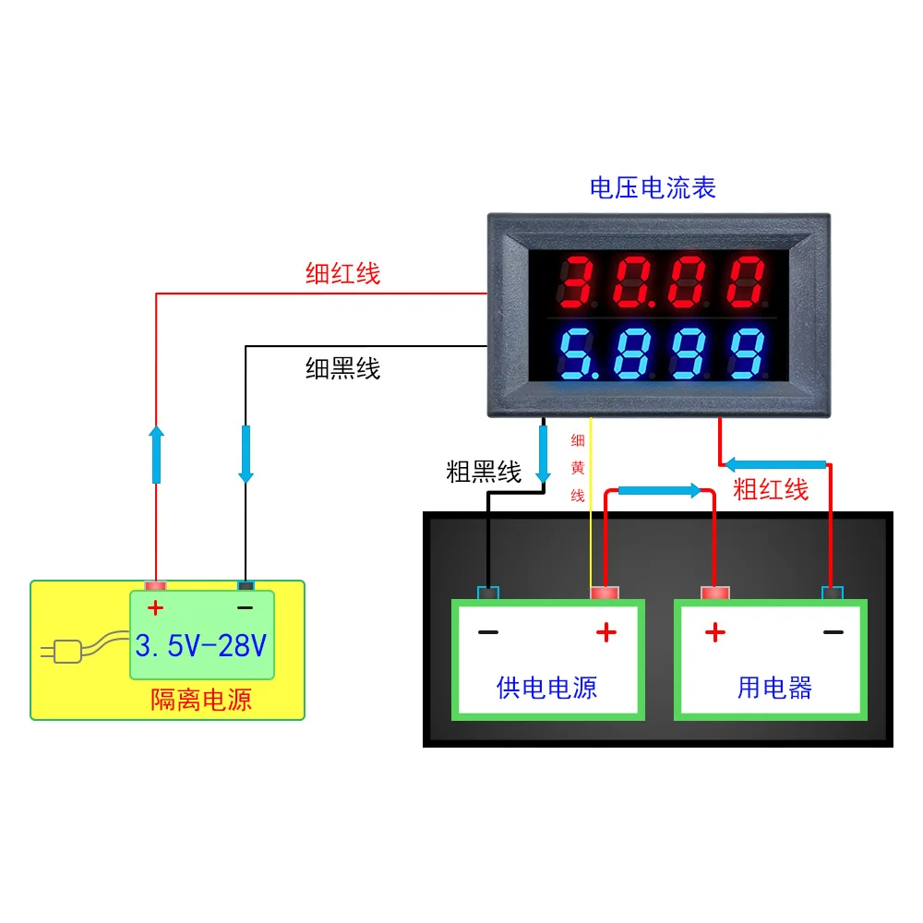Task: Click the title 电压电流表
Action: (653, 188)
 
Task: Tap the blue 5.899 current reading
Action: (663, 354)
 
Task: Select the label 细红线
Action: (342, 273)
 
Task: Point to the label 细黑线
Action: (342, 369)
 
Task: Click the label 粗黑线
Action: (484, 473)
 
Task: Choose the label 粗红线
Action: (771, 489)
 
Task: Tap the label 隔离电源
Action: (201, 700)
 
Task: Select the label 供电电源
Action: (546, 687)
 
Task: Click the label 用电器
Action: (774, 687)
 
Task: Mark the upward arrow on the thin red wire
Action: (156, 454)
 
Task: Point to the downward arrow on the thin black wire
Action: (246, 454)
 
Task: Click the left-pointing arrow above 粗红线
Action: (774, 463)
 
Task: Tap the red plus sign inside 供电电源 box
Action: (605, 632)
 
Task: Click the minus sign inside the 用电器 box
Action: (833, 632)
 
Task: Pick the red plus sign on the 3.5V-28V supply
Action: (156, 608)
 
